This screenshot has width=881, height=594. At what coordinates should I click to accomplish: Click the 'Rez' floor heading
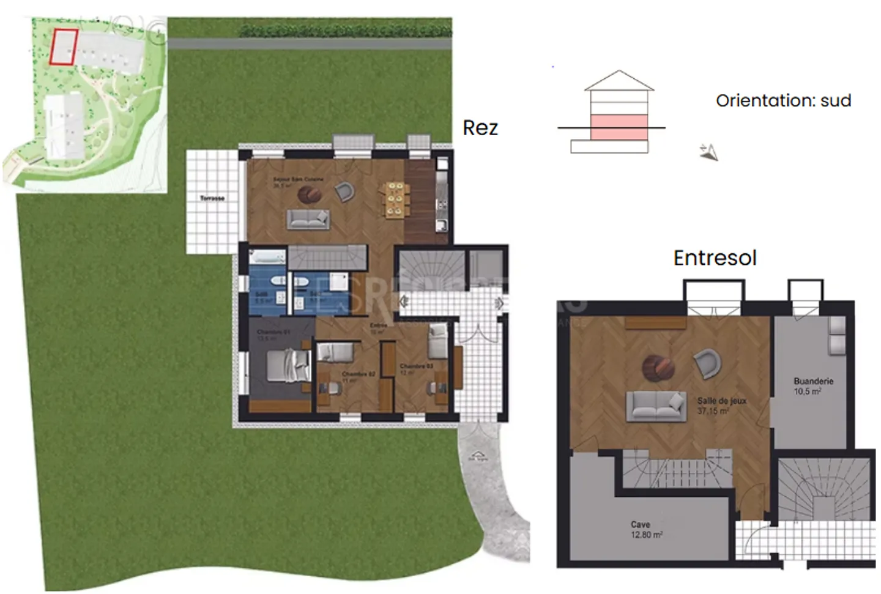(x=480, y=128)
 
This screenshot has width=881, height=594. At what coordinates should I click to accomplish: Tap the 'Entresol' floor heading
(x=715, y=258)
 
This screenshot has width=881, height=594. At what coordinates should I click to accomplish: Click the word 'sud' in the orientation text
(x=835, y=100)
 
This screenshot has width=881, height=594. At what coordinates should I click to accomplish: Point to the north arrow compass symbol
(x=709, y=152)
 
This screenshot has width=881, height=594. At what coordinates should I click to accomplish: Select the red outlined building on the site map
(x=64, y=46)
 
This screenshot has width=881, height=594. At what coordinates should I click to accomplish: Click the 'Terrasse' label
(x=212, y=198)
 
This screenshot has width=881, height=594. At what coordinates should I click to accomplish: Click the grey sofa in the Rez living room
(x=308, y=219)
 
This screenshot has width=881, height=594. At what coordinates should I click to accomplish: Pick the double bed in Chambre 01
(x=288, y=367)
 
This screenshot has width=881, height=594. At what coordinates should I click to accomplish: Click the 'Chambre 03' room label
(x=416, y=366)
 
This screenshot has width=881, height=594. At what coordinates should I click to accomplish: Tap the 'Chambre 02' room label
(x=358, y=374)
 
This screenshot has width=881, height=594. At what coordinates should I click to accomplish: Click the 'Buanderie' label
(x=813, y=381)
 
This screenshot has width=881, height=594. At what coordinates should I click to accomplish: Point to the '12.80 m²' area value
(x=646, y=535)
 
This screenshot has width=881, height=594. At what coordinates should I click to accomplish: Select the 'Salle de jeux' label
(x=722, y=401)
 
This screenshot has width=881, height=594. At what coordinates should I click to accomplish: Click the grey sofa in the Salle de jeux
(x=655, y=405)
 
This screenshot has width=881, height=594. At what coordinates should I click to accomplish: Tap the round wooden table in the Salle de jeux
(x=658, y=367)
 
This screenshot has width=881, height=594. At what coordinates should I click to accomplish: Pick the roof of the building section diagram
(x=619, y=81)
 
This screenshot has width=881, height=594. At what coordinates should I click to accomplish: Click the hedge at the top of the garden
(x=346, y=29)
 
